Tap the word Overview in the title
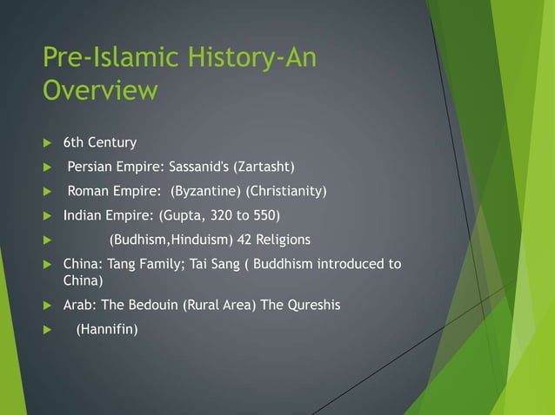click(100, 90)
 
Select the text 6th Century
click(100, 142)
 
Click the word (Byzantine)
click(206, 191)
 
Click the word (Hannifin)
click(107, 330)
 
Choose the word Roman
click(89, 191)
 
